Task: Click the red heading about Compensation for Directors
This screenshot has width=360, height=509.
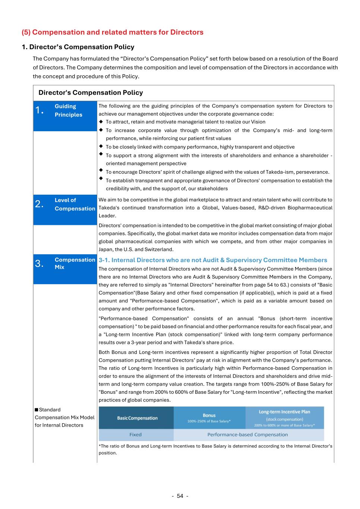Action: pyautogui.click(x=113, y=32)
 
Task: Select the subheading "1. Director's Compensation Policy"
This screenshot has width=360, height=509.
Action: pyautogui.click(x=78, y=47)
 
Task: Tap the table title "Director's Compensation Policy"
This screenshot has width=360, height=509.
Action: pyautogui.click(x=91, y=92)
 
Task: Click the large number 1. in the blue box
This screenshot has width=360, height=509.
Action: pyautogui.click(x=40, y=110)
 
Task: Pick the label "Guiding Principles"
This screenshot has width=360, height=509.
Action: pyautogui.click(x=69, y=110)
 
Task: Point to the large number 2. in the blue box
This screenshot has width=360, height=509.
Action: pyautogui.click(x=40, y=204)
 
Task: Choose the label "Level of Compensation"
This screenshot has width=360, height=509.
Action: pyautogui.click(x=75, y=204)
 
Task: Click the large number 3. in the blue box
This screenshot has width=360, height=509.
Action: pyautogui.click(x=40, y=264)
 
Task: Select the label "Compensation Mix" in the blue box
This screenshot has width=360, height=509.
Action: pyautogui.click(x=75, y=263)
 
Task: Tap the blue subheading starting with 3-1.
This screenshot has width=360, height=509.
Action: pyautogui.click(x=213, y=260)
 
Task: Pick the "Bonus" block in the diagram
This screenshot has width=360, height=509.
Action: pyautogui.click(x=209, y=418)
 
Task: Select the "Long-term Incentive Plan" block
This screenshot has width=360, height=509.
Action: pyautogui.click(x=284, y=418)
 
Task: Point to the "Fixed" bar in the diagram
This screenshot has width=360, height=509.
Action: pyautogui.click(x=135, y=435)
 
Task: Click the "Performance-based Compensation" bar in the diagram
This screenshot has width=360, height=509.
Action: pyautogui.click(x=247, y=435)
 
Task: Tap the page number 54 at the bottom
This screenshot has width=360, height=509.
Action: pyautogui.click(x=180, y=496)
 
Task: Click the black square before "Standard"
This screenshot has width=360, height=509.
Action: pyautogui.click(x=37, y=410)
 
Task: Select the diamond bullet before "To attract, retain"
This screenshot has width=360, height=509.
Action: pyautogui.click(x=101, y=122)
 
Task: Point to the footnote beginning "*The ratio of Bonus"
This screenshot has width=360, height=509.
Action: pyautogui.click(x=215, y=449)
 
